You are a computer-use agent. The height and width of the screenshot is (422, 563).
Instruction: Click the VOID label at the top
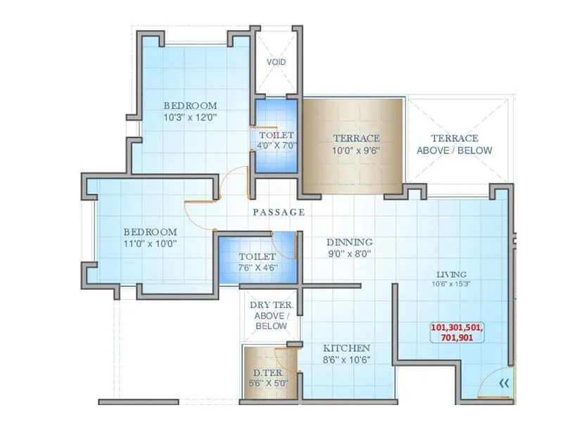click(276, 62)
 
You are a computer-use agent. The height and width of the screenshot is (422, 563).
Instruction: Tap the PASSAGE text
click(279, 212)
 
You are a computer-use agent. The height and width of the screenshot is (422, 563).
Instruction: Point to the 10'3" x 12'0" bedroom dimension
click(185, 117)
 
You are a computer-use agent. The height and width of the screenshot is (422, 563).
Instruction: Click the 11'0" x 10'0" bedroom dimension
click(150, 244)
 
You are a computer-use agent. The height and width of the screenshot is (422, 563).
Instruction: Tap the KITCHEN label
click(346, 348)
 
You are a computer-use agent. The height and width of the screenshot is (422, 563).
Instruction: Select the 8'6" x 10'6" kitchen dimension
click(346, 360)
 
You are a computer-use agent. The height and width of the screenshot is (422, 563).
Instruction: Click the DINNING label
click(350, 242)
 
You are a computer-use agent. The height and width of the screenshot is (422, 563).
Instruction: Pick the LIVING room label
click(450, 274)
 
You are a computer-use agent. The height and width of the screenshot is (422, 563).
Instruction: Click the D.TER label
click(267, 371)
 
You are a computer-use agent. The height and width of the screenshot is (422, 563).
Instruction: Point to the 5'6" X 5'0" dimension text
click(267, 383)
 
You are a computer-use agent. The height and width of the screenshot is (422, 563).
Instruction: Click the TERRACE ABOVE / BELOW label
click(454, 144)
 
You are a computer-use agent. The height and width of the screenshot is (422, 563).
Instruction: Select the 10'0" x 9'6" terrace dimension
click(356, 151)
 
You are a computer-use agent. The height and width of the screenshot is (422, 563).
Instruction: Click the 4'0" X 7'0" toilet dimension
click(276, 146)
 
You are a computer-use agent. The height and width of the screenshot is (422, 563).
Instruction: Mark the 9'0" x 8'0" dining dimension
click(350, 255)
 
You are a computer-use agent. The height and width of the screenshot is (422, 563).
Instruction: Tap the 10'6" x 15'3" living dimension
click(450, 285)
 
